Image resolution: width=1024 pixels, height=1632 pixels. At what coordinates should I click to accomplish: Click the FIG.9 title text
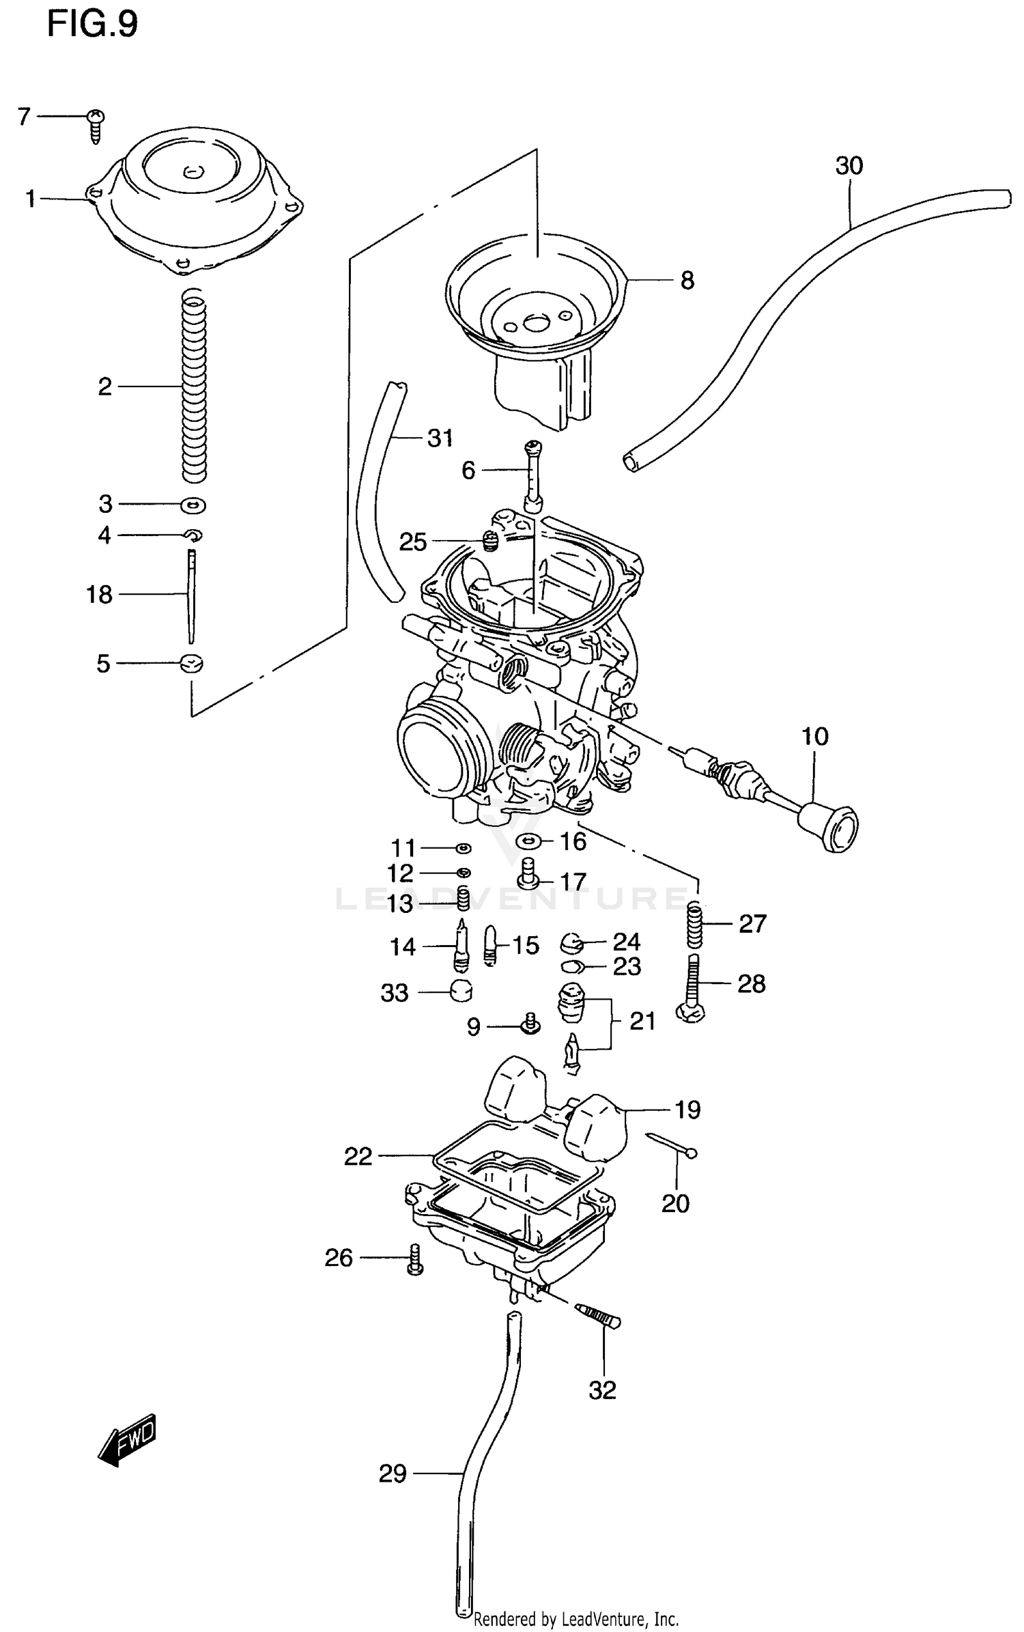92,25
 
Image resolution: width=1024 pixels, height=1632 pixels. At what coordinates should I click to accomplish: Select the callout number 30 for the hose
849,166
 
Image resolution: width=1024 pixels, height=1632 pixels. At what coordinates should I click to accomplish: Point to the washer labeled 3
193,505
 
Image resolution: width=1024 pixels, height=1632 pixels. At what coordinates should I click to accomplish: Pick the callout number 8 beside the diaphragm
687,281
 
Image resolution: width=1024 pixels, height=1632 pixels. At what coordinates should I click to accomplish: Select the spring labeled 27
694,924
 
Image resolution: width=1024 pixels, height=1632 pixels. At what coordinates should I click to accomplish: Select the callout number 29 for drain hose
393,1474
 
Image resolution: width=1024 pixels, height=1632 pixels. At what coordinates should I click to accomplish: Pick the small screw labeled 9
530,1024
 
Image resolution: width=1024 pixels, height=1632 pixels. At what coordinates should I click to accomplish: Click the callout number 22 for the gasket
358,1156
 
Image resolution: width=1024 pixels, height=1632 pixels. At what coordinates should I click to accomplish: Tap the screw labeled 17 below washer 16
528,879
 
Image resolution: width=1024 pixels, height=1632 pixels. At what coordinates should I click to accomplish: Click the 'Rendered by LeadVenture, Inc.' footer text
575,1618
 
